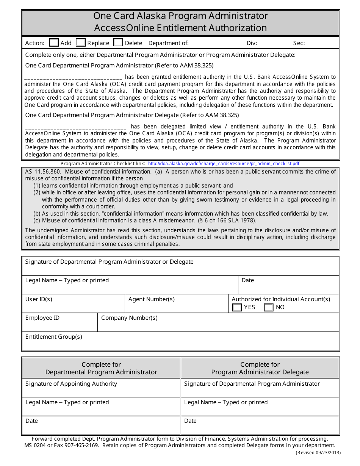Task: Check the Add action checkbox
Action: [54, 42]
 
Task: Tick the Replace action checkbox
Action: [81, 42]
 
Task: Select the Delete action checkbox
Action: [118, 42]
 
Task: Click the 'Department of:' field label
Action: [168, 43]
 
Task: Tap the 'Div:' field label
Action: [252, 43]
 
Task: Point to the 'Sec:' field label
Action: [299, 43]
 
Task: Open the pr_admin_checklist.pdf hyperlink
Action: [224, 164]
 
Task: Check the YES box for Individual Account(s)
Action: [237, 307]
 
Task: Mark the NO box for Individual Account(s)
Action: [269, 307]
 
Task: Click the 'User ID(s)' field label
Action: [39, 299]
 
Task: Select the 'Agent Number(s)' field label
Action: [152, 299]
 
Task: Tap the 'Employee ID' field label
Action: [42, 318]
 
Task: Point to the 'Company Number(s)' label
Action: [129, 318]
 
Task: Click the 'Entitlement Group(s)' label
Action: [54, 337]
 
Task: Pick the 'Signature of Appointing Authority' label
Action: [71, 384]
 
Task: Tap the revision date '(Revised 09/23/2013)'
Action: [318, 452]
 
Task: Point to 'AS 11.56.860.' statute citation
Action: [41, 172]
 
